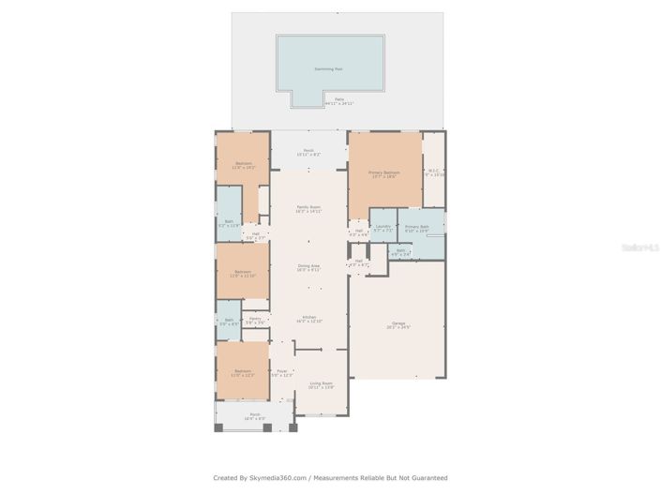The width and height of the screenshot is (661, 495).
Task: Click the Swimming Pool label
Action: (329, 68)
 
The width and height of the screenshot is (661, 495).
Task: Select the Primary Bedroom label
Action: (383, 173)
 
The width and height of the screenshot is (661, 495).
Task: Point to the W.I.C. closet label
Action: (432, 172)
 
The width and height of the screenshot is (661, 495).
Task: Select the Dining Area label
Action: (308, 266)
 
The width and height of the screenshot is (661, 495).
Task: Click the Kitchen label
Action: (308, 318)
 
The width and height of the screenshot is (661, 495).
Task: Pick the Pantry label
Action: (255, 320)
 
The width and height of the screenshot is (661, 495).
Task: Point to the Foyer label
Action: (281, 372)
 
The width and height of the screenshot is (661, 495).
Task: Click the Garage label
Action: (398, 325)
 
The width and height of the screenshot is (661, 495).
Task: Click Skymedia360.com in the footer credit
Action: (279, 478)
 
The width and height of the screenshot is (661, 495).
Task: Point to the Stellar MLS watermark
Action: (647, 247)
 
